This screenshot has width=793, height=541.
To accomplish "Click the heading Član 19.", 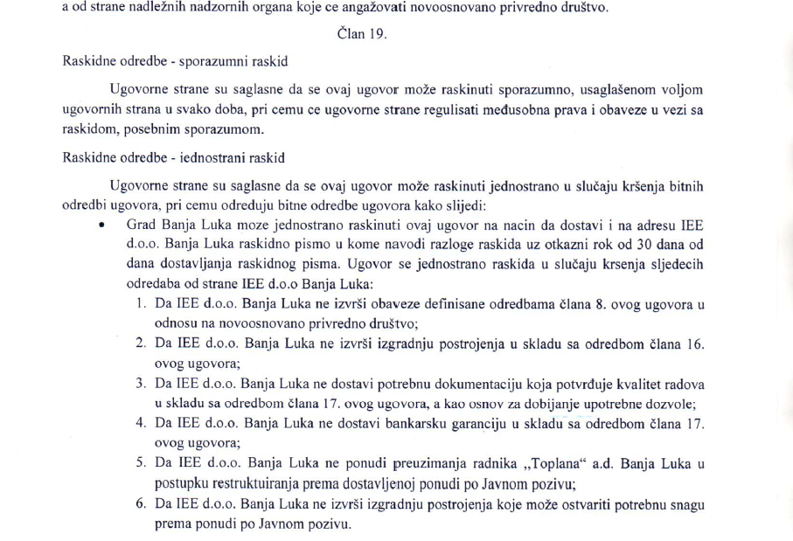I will (360, 34).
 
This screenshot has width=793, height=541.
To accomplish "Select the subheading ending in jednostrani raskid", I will (174, 158).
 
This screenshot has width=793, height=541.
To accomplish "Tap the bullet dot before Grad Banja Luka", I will (102, 225).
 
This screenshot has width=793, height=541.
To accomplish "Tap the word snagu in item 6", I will (685, 504).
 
